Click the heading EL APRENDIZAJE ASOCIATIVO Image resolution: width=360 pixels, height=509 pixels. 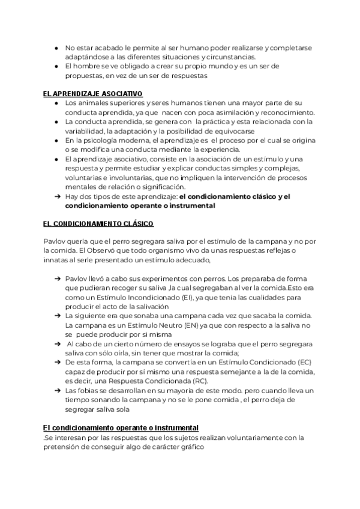(93, 94)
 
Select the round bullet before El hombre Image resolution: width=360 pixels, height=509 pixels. (56, 66)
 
